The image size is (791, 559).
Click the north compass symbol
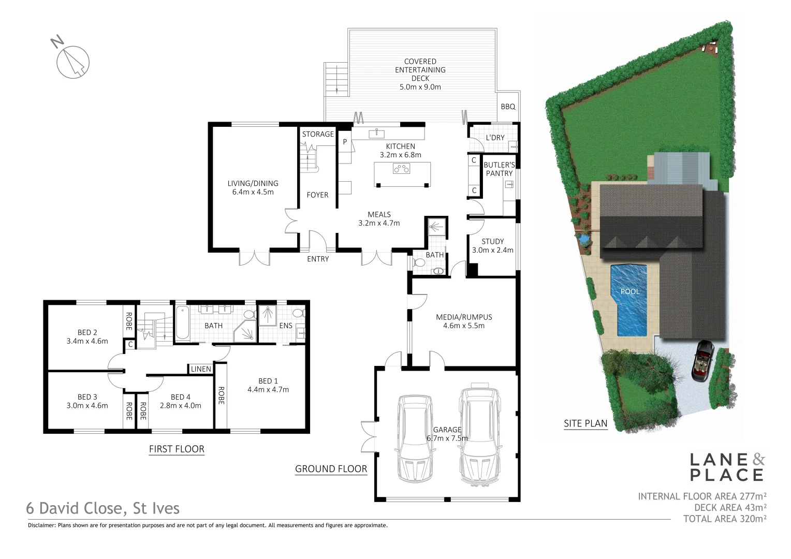[x=73, y=61]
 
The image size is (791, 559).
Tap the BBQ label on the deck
[x=508, y=107]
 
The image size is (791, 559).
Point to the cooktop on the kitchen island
[x=402, y=168]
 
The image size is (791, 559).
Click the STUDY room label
[x=492, y=241]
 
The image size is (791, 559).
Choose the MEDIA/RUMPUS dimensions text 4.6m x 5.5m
[x=464, y=326]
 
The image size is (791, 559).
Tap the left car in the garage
[x=414, y=438]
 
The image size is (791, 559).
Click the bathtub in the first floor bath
[x=182, y=323]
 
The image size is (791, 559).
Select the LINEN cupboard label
[x=201, y=369]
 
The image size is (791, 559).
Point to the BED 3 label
[x=87, y=397]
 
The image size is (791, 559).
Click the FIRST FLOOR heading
[x=177, y=449]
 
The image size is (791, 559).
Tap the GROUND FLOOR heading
[x=331, y=469]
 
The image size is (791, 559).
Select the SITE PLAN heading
[x=585, y=423]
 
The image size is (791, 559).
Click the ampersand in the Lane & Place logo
[x=758, y=459]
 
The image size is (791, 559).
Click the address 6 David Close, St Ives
[x=103, y=508]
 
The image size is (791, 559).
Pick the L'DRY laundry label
[x=495, y=138]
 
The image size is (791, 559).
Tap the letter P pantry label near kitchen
[x=345, y=141]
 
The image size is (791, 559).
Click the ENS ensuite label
[x=286, y=326]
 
